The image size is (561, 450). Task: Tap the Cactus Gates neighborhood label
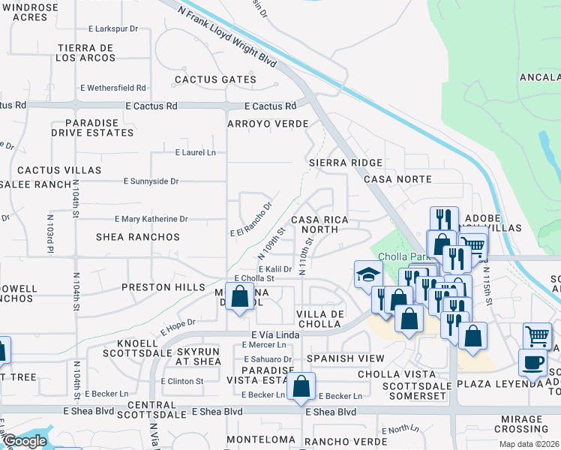click(x=205, y=79)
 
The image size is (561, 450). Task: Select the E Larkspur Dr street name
click(x=113, y=29)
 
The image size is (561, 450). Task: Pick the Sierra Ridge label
click(x=346, y=163)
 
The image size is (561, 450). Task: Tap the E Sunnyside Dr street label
click(x=151, y=181)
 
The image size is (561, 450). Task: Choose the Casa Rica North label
click(x=320, y=224)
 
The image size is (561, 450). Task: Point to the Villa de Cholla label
click(x=320, y=319)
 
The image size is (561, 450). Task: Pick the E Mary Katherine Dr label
click(x=151, y=219)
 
